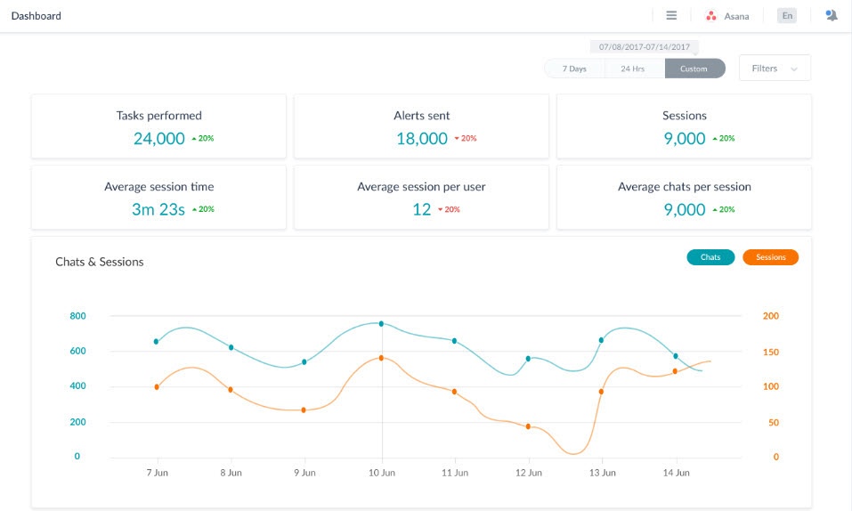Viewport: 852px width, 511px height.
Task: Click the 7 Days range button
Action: tap(574, 69)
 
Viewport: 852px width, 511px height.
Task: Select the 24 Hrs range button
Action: tap(633, 69)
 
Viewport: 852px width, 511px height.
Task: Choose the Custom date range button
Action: tap(694, 69)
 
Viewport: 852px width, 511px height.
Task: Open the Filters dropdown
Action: tap(774, 69)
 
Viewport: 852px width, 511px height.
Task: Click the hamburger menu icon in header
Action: tap(671, 16)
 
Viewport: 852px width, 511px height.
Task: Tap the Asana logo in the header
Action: tap(711, 16)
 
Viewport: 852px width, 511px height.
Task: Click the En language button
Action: tap(787, 16)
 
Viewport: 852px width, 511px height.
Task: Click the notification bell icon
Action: tap(832, 16)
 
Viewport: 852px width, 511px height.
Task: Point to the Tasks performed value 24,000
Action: tap(159, 138)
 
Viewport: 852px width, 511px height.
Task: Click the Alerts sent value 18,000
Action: tap(422, 138)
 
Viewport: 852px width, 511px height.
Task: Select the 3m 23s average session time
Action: tap(158, 209)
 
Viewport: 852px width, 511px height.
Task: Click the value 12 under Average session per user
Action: tap(421, 209)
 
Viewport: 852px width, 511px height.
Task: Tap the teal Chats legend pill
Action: tap(710, 257)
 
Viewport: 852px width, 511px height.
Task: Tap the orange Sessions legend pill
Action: tap(771, 257)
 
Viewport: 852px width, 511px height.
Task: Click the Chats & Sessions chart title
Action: tap(100, 262)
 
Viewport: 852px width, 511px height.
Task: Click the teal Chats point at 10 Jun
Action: tap(381, 324)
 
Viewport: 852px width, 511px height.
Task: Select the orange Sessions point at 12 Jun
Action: tap(528, 426)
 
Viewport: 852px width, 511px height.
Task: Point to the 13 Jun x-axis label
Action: tap(603, 473)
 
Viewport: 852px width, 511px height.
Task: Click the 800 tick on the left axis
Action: tap(77, 316)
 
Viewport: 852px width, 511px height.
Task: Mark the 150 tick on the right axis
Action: tap(770, 352)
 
